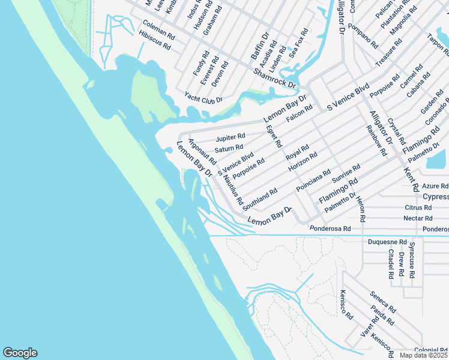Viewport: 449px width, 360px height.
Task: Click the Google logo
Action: point(20,353)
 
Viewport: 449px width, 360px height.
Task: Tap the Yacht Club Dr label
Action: point(203,96)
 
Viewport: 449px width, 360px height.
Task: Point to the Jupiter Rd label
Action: point(231,137)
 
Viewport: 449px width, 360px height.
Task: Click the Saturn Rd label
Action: point(229,148)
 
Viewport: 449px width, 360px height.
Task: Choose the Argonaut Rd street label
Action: point(202,152)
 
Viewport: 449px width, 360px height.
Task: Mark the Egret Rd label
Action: point(274,136)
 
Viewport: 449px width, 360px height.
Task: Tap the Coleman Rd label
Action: point(158,29)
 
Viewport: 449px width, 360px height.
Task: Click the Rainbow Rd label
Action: point(376,140)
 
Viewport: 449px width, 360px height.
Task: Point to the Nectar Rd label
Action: point(418,218)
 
